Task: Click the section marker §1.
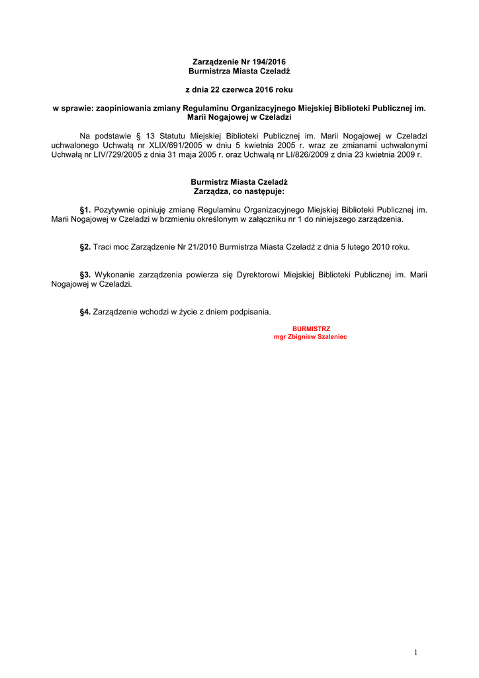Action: pos(85,209)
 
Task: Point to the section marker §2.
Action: pos(85,247)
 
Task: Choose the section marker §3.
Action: pos(85,275)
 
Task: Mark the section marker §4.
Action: pos(85,312)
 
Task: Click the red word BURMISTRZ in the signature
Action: pos(311,328)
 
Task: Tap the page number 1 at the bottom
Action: pos(415,653)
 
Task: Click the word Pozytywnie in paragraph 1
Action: pos(115,209)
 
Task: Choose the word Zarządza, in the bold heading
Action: pos(210,191)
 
